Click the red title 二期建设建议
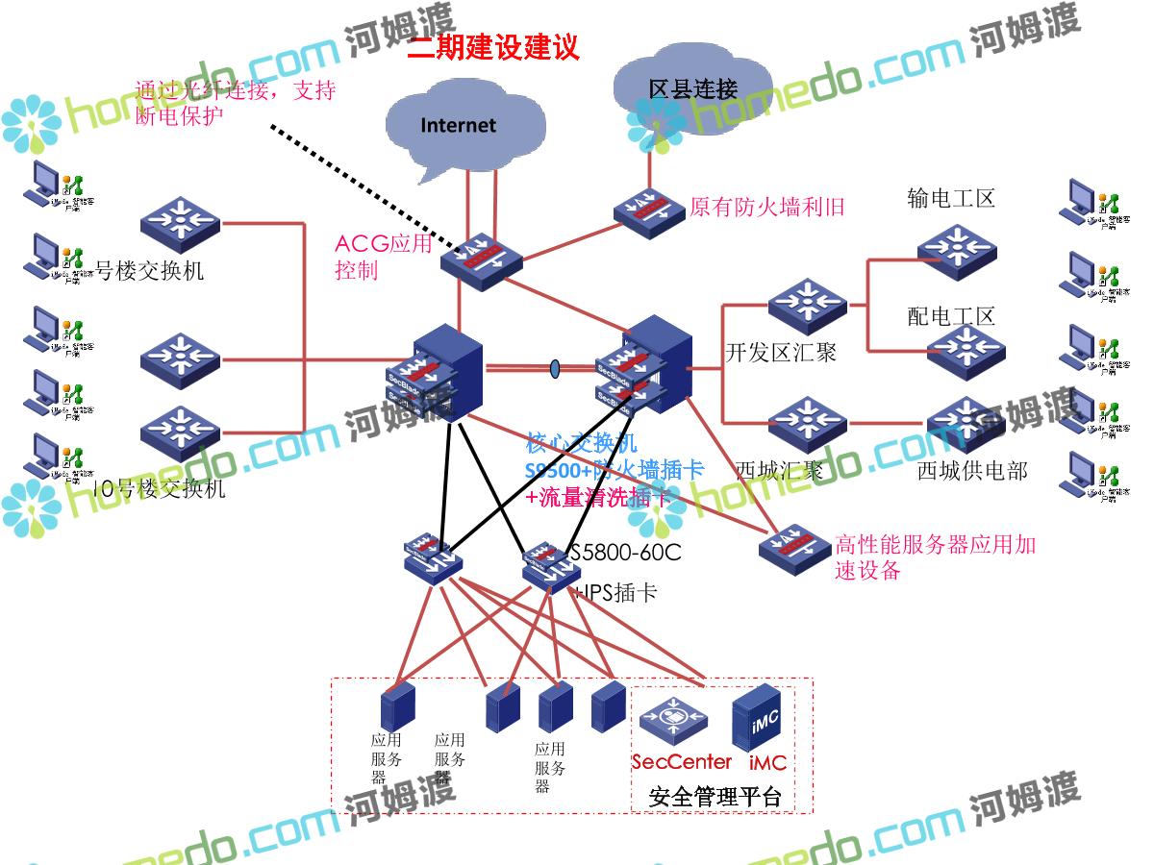click(493, 46)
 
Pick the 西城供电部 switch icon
click(966, 423)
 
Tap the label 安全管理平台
click(715, 797)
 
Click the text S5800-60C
click(625, 553)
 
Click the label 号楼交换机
click(149, 270)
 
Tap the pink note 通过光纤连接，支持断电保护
click(235, 103)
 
